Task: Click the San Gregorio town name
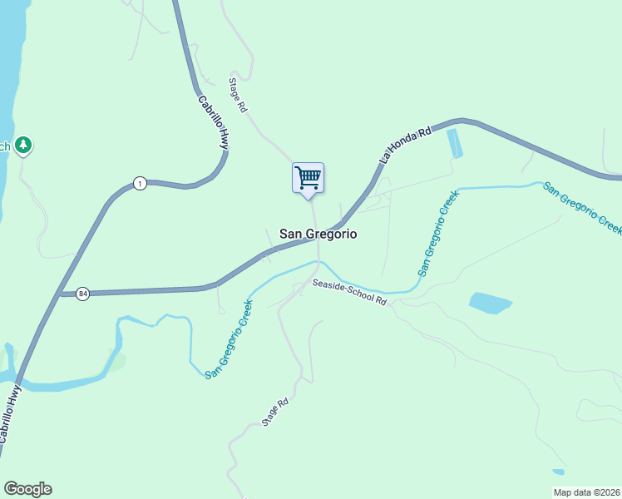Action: point(318,235)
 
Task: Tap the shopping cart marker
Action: point(308,177)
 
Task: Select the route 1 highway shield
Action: point(141,183)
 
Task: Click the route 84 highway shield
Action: point(82,294)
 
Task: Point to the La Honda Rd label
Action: point(405,145)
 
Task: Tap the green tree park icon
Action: point(24,146)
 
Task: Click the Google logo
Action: point(27,489)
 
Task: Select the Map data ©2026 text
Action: point(586,492)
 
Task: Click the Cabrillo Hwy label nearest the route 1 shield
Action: point(213,122)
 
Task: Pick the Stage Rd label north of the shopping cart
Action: point(239,96)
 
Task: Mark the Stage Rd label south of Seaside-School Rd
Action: point(275,412)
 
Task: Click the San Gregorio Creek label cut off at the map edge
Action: point(583,207)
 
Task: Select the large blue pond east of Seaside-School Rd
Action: point(491,303)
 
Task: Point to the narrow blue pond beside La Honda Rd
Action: point(454,144)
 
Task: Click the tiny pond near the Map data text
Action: point(558,472)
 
